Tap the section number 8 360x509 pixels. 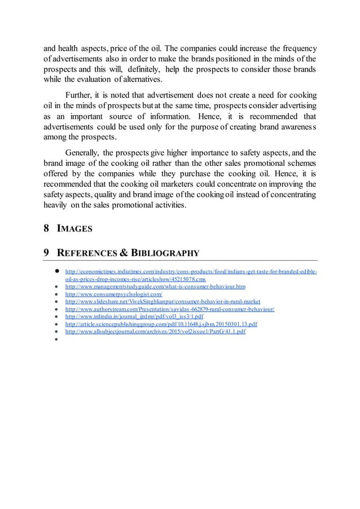coord(46,229)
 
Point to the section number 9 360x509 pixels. coord(46,252)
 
